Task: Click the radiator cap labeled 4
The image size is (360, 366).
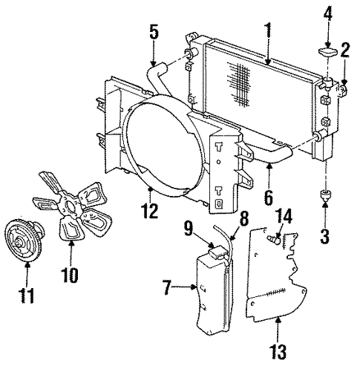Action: (327, 53)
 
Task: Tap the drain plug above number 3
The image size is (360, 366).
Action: (325, 196)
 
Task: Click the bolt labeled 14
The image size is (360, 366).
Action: (274, 239)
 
